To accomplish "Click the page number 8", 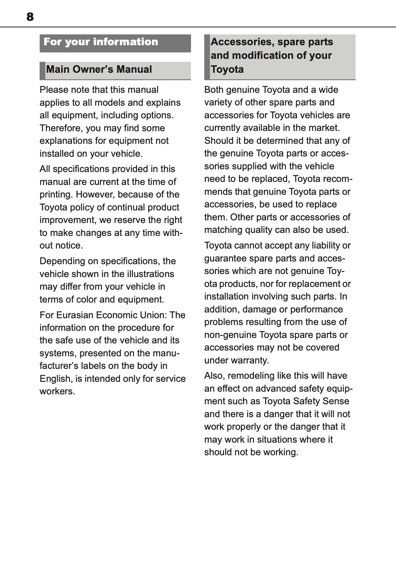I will tap(30, 17).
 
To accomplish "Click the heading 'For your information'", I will tap(101, 42).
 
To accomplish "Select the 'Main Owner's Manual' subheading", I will tap(99, 69).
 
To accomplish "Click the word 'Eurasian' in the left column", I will tap(75, 315).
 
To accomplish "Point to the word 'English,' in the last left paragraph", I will tap(56, 378).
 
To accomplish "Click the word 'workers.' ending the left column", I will tap(57, 391).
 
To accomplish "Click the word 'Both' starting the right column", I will tap(213, 90).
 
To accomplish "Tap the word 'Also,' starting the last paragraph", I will tap(214, 376).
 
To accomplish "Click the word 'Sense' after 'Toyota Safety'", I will tap(336, 401).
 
